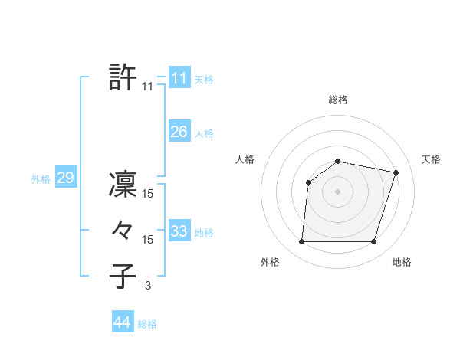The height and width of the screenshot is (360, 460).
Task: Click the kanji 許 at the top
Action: (123, 78)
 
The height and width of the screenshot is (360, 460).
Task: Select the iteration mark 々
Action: (123, 231)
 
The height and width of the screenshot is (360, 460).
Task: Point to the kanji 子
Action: (123, 276)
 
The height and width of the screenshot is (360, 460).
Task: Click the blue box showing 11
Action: (179, 78)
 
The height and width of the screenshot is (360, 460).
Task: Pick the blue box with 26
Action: (179, 132)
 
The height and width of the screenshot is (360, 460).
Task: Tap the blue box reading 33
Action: (179, 231)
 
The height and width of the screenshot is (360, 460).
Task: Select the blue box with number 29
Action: (65, 178)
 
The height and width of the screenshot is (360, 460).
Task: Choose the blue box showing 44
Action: (122, 322)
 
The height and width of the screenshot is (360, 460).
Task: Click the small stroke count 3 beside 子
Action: (147, 286)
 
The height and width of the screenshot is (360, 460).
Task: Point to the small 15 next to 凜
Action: (147, 195)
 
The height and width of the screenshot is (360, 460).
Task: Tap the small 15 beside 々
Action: (147, 240)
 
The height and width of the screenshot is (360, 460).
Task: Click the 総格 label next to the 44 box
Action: (147, 324)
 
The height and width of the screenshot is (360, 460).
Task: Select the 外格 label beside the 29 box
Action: (41, 179)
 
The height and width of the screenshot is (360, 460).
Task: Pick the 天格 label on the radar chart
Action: (432, 159)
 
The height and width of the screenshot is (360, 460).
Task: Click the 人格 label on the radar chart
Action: (245, 159)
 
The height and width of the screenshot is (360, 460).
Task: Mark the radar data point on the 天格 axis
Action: (396, 172)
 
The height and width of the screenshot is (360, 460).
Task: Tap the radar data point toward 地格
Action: (373, 242)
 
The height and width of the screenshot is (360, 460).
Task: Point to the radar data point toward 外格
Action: (301, 242)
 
